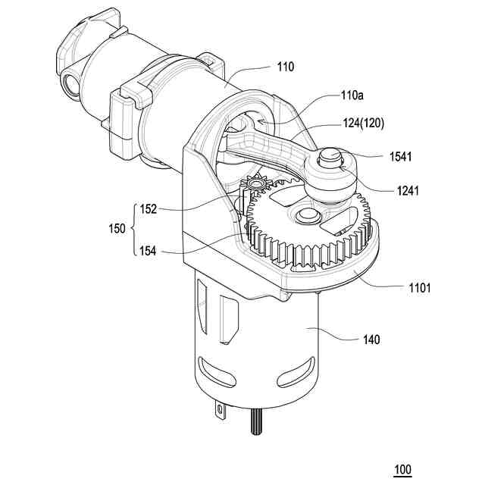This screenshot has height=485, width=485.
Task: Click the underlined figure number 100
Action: [x=402, y=470]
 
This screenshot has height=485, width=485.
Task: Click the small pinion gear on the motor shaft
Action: [x=256, y=183]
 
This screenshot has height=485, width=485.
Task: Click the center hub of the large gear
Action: [x=307, y=217]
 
